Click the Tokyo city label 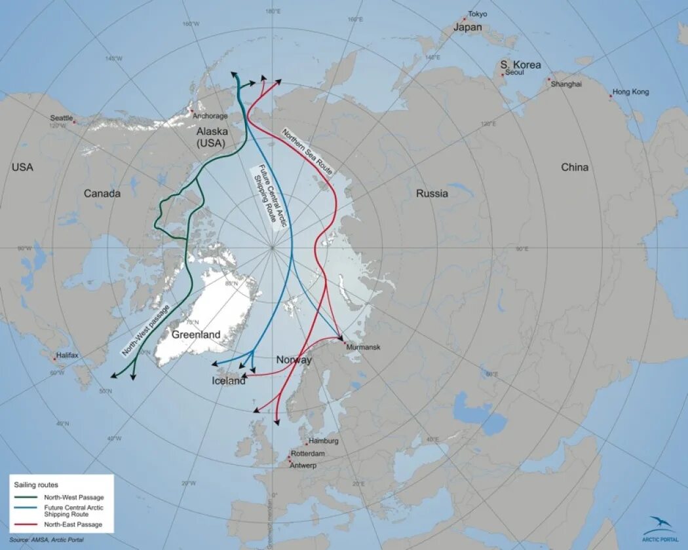478,14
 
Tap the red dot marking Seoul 503,75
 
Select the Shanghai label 565,84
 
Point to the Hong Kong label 630,92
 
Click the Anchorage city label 210,117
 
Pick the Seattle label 62,118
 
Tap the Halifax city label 67,356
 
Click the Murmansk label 363,347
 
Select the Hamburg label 324,442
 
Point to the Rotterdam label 308,454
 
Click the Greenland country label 196,335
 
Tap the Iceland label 229,380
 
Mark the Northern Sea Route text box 307,152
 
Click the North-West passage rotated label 145,330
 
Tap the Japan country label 467,27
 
